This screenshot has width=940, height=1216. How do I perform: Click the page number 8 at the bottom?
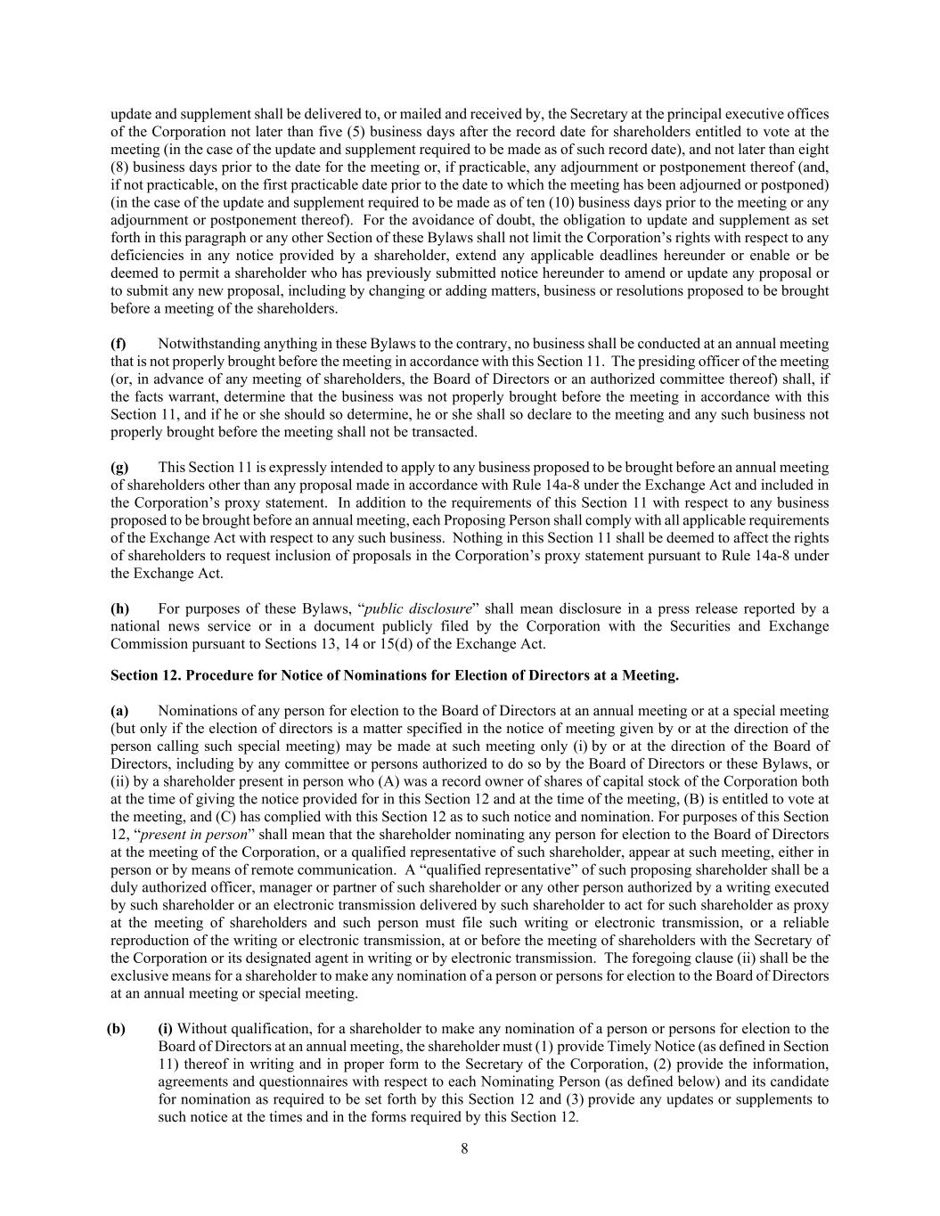464,1148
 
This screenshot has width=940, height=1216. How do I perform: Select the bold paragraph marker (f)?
118,344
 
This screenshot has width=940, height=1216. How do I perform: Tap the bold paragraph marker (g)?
119,468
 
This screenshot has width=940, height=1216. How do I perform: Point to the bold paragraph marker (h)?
119,609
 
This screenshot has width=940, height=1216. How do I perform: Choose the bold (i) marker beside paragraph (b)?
166,1029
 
